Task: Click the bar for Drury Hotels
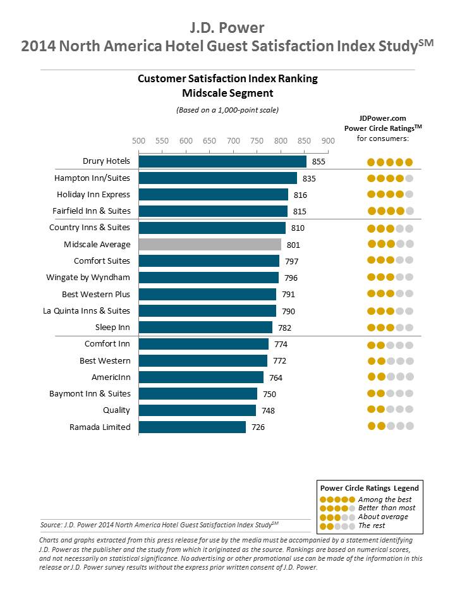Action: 222,161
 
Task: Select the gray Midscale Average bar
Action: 210,244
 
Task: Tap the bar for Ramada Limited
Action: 192,427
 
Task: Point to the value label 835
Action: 309,178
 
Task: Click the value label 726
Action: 258,427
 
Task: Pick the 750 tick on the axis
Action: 257,140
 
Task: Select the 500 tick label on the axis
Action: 138,140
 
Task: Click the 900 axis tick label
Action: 328,140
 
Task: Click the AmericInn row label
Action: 111,377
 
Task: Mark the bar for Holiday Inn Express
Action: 213,195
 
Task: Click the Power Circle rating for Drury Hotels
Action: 391,162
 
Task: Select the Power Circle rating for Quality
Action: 391,409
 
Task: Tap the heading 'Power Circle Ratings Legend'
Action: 370,488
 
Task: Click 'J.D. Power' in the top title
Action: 227,27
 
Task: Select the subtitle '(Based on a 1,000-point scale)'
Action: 227,109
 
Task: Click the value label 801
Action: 293,245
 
